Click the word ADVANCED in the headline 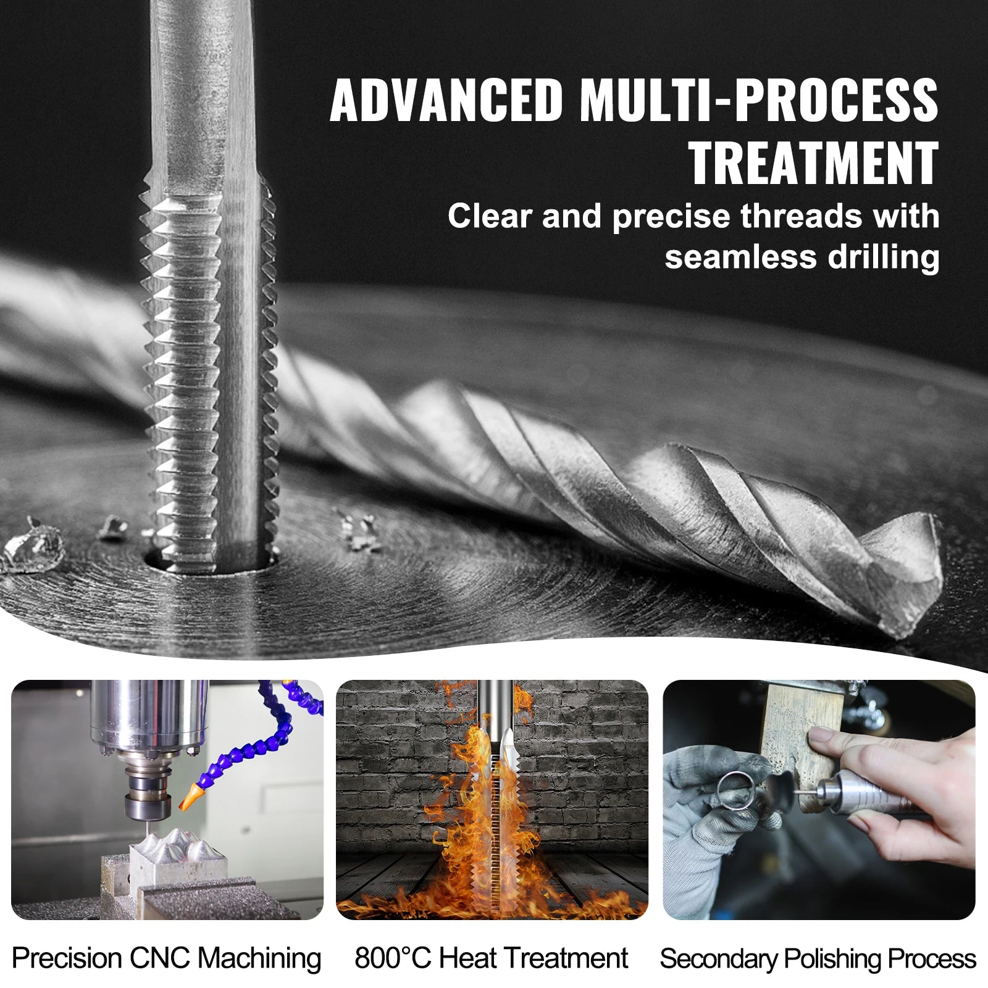pyautogui.click(x=446, y=100)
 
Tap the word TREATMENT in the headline pyautogui.click(x=813, y=163)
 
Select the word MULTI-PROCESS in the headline pyautogui.click(x=759, y=100)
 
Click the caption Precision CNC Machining pyautogui.click(x=166, y=958)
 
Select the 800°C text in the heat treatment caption pyautogui.click(x=392, y=958)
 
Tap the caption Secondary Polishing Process pyautogui.click(x=818, y=958)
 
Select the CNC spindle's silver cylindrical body pyautogui.click(x=148, y=716)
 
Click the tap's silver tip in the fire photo pyautogui.click(x=506, y=744)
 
